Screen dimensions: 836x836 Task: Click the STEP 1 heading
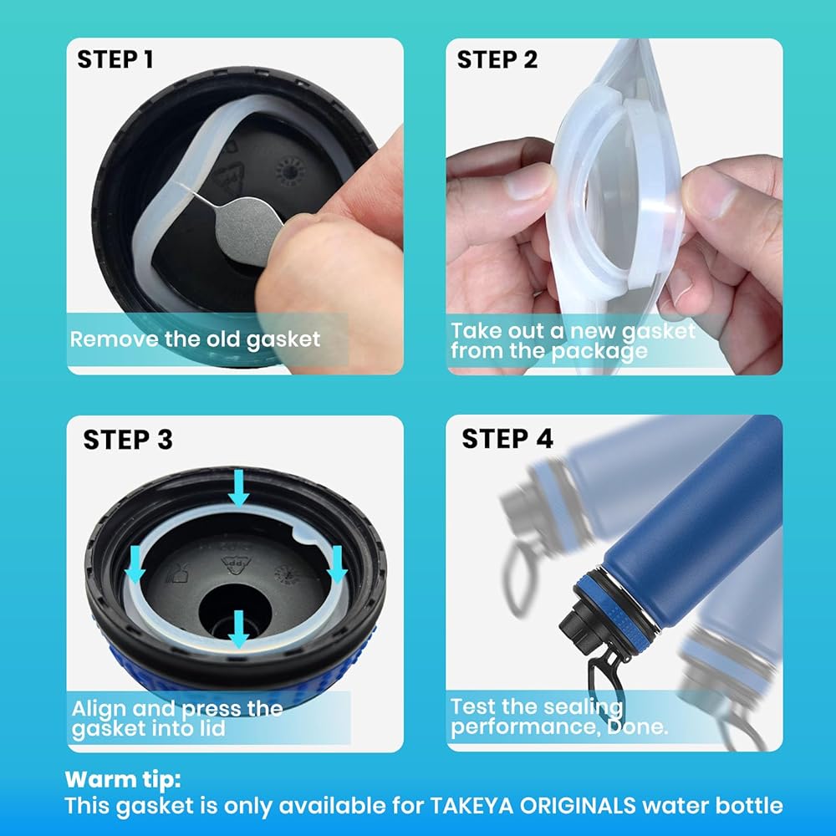(115, 59)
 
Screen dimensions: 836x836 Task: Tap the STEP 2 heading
(497, 59)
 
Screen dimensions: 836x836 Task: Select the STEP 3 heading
(128, 440)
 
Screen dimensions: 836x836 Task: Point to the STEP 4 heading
(507, 439)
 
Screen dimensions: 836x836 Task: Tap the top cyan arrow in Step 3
(238, 487)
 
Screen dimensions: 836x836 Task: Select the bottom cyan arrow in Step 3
(238, 630)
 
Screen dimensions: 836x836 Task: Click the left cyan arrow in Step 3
(135, 564)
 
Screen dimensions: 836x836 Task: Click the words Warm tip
(123, 780)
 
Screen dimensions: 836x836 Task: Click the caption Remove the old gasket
(195, 339)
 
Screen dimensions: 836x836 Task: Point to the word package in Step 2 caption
(599, 352)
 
